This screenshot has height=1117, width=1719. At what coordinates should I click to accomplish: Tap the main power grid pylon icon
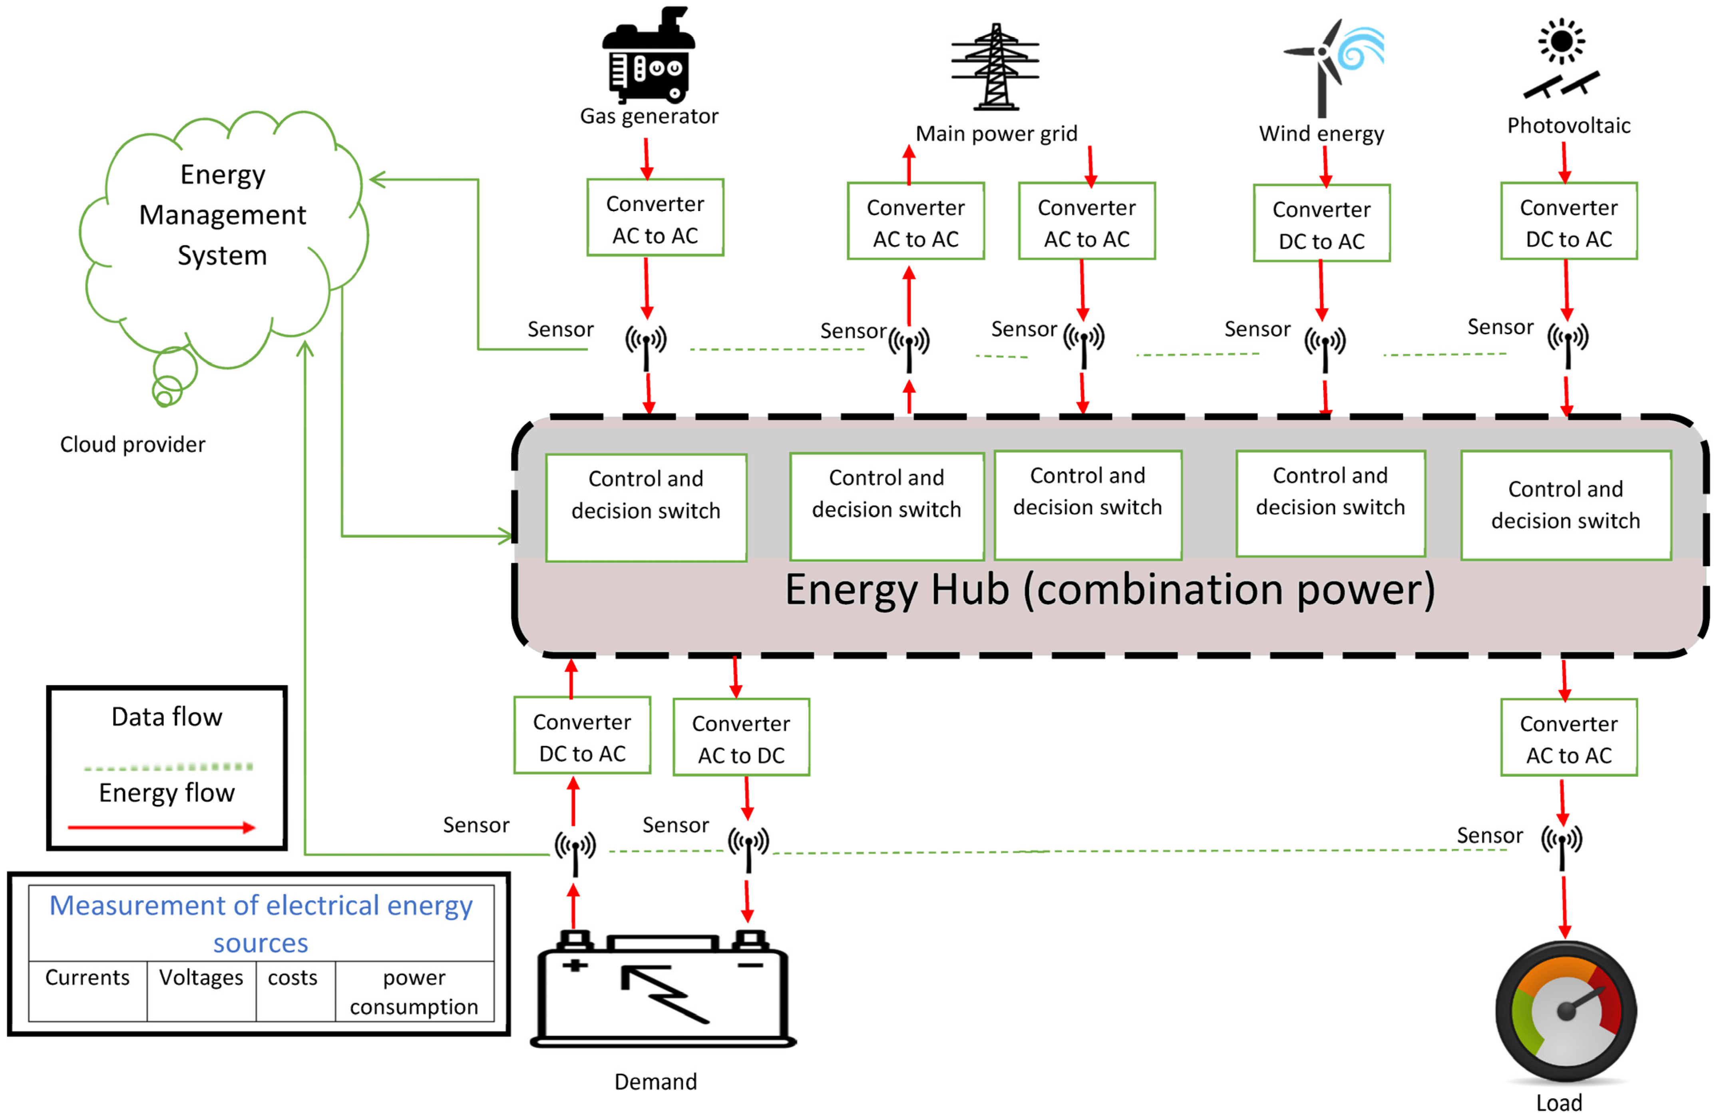[x=995, y=66]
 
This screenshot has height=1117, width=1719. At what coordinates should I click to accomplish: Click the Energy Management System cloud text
[x=223, y=215]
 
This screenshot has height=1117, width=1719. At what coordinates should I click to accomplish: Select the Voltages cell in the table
[x=201, y=977]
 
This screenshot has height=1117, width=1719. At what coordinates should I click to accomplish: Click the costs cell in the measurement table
[x=292, y=977]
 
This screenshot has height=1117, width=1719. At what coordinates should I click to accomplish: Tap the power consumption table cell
[x=414, y=991]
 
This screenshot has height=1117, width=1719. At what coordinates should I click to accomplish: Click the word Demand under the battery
[x=655, y=1081]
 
